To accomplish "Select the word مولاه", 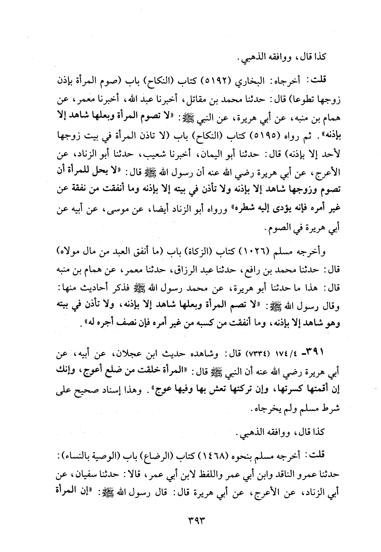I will coord(65,252).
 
